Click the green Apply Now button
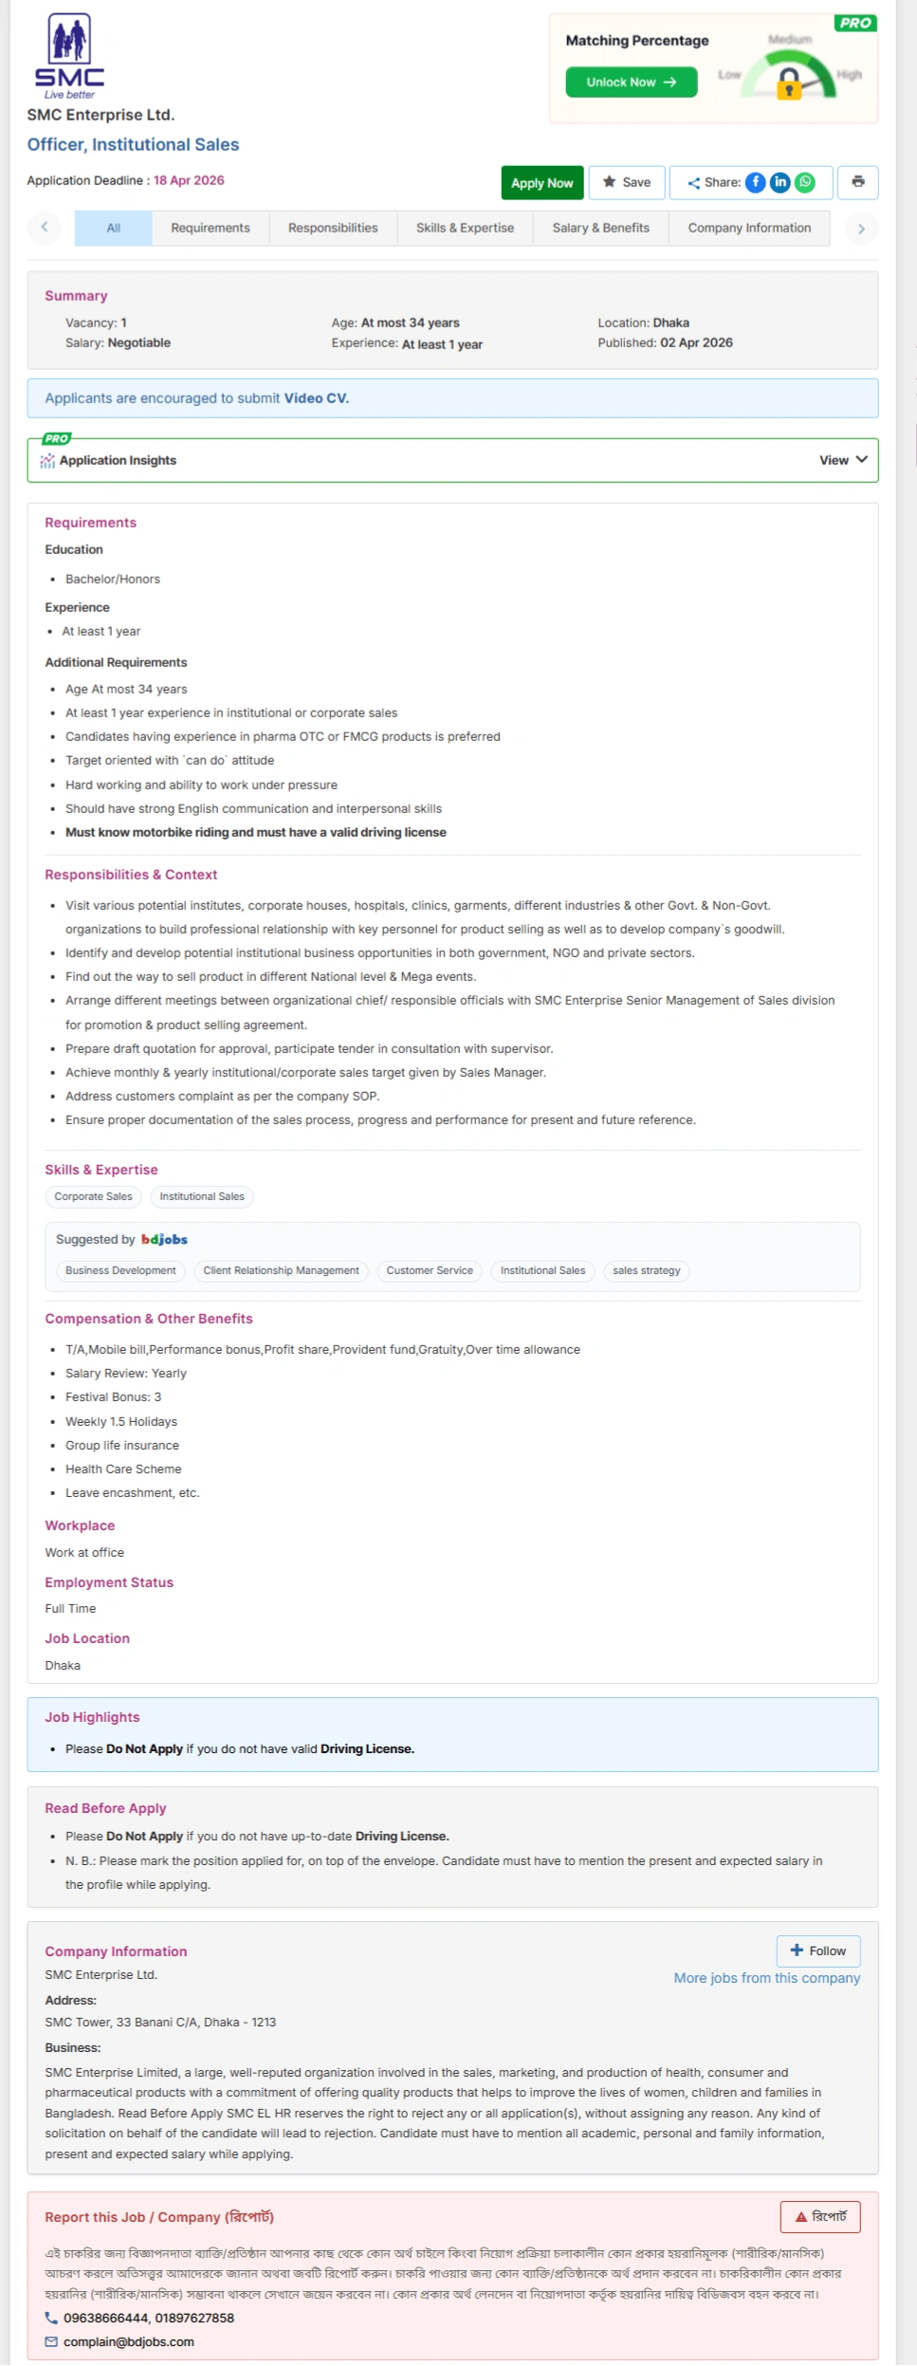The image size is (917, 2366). coord(541,183)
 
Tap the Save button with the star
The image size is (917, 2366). coord(627,182)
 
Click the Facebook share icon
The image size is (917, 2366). coord(755,182)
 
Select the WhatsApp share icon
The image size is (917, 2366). coord(805,182)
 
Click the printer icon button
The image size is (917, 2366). coord(857,182)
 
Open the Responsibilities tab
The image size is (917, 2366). coord(333,228)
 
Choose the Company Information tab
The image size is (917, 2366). coord(749,228)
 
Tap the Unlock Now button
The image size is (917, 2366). coord(631,83)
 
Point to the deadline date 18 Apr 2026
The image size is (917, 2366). coord(189,180)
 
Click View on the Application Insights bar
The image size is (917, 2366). coord(842,460)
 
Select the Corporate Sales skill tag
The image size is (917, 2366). coord(93,1196)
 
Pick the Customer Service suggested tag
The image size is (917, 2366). coord(430,1270)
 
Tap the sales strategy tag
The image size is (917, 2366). coord(646,1270)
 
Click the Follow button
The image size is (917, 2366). coord(817,1950)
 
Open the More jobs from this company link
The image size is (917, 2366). coord(766,1978)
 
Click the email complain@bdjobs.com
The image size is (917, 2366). coord(129,2341)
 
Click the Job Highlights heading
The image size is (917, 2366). coord(92,1717)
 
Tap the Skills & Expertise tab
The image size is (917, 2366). coord(465,228)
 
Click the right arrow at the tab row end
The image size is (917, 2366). coord(860,229)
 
